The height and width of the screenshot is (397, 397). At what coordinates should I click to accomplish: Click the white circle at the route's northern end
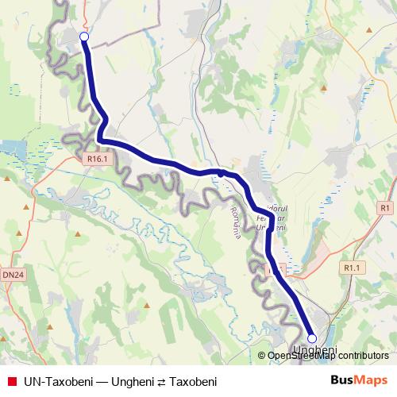84,36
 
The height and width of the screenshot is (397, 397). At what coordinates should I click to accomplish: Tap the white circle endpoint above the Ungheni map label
311,338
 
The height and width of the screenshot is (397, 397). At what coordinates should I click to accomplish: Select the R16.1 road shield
97,159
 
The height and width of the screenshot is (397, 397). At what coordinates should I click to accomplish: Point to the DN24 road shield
12,275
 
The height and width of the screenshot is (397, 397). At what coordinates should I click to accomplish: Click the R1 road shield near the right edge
385,207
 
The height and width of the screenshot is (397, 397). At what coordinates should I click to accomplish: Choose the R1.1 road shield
352,268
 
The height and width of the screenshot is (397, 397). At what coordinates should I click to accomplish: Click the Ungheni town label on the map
315,350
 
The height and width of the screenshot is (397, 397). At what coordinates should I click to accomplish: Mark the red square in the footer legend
11,381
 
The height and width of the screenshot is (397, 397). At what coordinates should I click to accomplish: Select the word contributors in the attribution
363,357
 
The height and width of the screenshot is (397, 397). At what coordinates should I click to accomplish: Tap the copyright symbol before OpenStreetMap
262,357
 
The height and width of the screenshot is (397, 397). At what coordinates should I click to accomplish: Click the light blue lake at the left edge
11,147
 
